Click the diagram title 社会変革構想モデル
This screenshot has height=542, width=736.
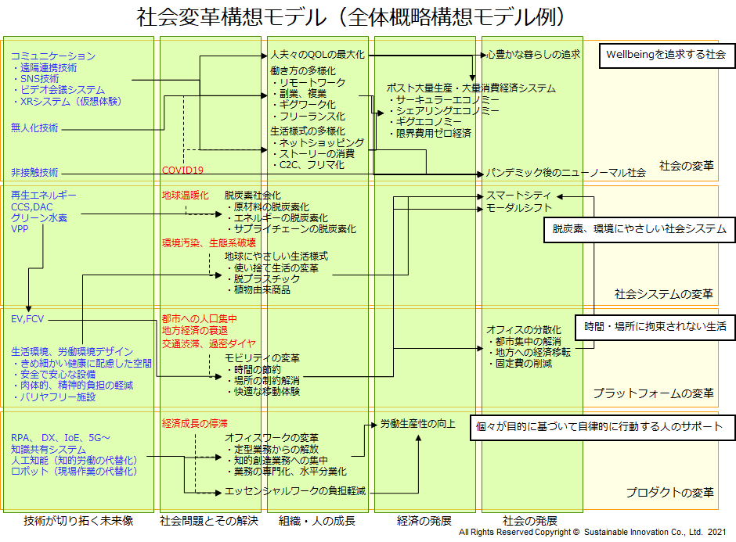[x=352, y=16]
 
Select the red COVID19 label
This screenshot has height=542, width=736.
[x=182, y=170]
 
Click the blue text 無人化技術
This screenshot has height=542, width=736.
[x=34, y=127]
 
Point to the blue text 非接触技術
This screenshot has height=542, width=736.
[x=34, y=172]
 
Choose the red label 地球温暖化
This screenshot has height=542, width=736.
[x=185, y=195]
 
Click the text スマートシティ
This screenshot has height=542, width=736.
[x=518, y=196]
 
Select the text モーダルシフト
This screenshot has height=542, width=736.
[x=518, y=208]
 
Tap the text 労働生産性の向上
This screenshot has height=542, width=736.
[x=417, y=424]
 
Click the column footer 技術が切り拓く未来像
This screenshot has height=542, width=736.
[x=78, y=521]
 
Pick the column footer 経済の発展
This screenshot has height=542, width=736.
[x=424, y=521]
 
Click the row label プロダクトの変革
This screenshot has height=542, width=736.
[x=669, y=493]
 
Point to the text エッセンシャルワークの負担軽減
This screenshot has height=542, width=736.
[x=295, y=491]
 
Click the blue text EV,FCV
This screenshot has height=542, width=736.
[x=28, y=319]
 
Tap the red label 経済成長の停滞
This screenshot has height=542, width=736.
[x=194, y=423]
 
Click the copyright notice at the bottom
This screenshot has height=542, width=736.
[x=592, y=533]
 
